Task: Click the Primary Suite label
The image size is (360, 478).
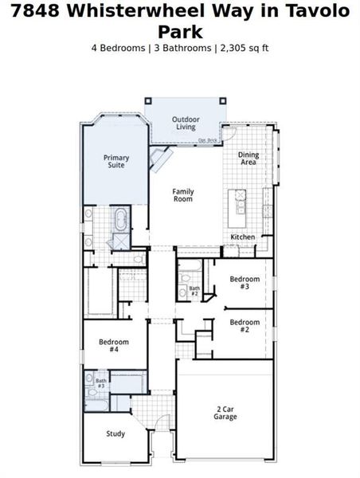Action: click(x=116, y=162)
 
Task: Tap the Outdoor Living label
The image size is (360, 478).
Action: click(x=185, y=123)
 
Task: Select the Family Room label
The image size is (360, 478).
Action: click(x=183, y=195)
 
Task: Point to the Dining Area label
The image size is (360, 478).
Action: click(x=248, y=159)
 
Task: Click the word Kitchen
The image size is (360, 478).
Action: click(x=243, y=237)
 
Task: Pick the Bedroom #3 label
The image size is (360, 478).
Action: click(x=245, y=284)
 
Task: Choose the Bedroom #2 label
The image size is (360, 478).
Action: click(x=245, y=325)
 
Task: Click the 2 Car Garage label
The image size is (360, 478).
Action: click(x=225, y=413)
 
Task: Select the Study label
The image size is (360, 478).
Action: click(x=116, y=434)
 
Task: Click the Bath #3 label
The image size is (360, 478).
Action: click(x=101, y=383)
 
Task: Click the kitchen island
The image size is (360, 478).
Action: click(x=238, y=206)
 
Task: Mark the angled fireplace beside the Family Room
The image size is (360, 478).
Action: click(x=162, y=159)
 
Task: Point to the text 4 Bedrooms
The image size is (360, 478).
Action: click(x=118, y=48)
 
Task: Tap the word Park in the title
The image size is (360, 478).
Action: click(x=179, y=31)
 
